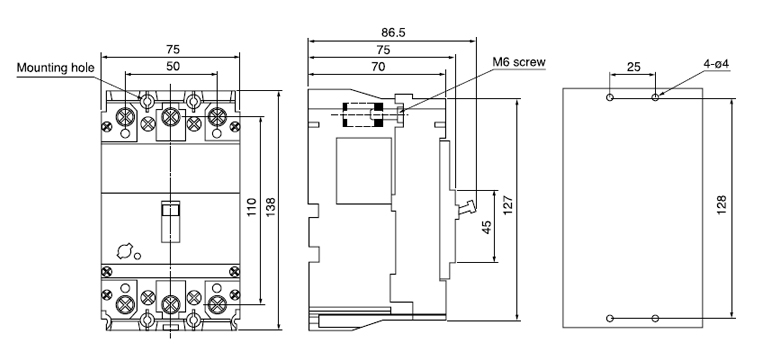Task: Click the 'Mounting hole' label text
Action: [x=54, y=69]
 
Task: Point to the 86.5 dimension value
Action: [x=392, y=32]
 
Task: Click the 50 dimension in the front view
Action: [x=172, y=65]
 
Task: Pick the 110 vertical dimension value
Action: [x=253, y=208]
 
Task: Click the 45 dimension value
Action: [x=487, y=226]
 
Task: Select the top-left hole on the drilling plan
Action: [x=610, y=98]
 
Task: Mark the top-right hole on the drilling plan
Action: [x=655, y=98]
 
